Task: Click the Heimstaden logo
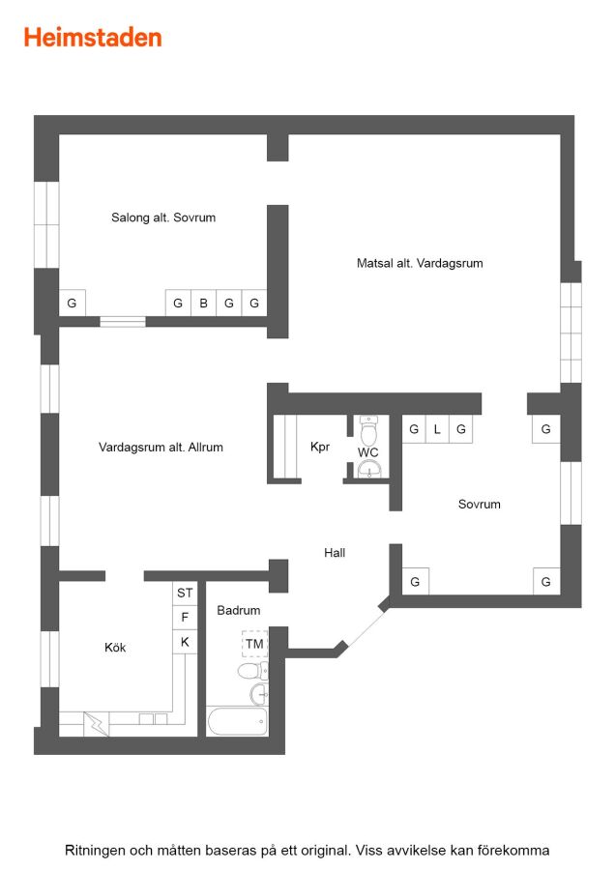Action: (x=93, y=38)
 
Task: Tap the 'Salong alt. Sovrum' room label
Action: (x=163, y=217)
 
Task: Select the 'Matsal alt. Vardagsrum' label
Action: (x=420, y=263)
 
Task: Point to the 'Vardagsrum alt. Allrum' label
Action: (x=161, y=448)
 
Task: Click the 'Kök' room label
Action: (x=115, y=648)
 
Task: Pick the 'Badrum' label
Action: (x=238, y=610)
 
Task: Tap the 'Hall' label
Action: (x=335, y=553)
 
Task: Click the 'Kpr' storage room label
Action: (x=320, y=447)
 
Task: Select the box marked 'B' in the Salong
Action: (x=204, y=303)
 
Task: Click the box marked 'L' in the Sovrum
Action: (x=437, y=429)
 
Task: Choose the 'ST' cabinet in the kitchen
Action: (x=185, y=594)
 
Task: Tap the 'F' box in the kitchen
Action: (x=185, y=618)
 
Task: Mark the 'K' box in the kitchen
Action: (x=185, y=642)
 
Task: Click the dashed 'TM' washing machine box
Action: (x=254, y=644)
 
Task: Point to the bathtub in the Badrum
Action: (x=237, y=721)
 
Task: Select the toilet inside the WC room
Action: (x=368, y=429)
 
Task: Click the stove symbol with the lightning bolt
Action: (x=96, y=725)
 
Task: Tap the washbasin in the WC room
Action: (x=369, y=470)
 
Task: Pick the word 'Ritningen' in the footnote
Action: (x=95, y=851)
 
